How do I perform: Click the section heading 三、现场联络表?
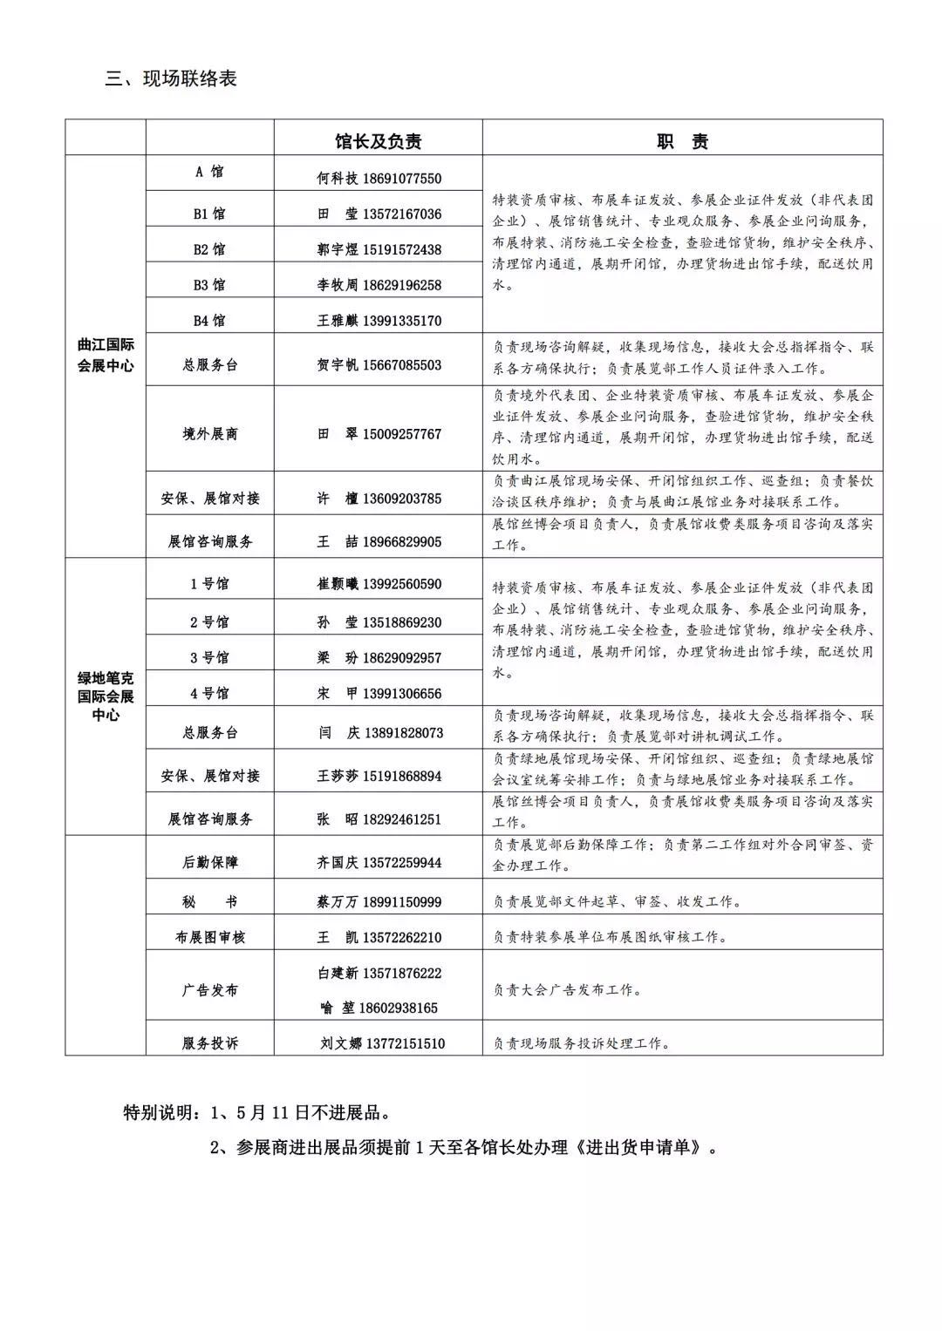pos(171,78)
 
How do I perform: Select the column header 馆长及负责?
pos(379,141)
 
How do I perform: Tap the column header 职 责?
pos(682,141)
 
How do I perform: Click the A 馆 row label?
pos(209,172)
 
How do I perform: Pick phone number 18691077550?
pos(402,179)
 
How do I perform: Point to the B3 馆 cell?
pos(209,285)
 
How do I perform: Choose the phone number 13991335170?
pos(402,321)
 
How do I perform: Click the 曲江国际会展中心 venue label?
pos(106,356)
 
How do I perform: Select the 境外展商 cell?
pos(209,433)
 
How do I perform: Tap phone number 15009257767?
pos(402,433)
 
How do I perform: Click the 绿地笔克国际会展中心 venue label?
pos(106,696)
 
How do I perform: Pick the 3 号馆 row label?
pos(209,657)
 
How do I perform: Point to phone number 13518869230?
pos(402,622)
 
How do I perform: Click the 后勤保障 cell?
pos(209,862)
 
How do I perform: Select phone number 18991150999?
pos(402,902)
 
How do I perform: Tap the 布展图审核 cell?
pos(209,937)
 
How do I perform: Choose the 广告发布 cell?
pos(209,990)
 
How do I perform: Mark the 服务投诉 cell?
pos(209,1043)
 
